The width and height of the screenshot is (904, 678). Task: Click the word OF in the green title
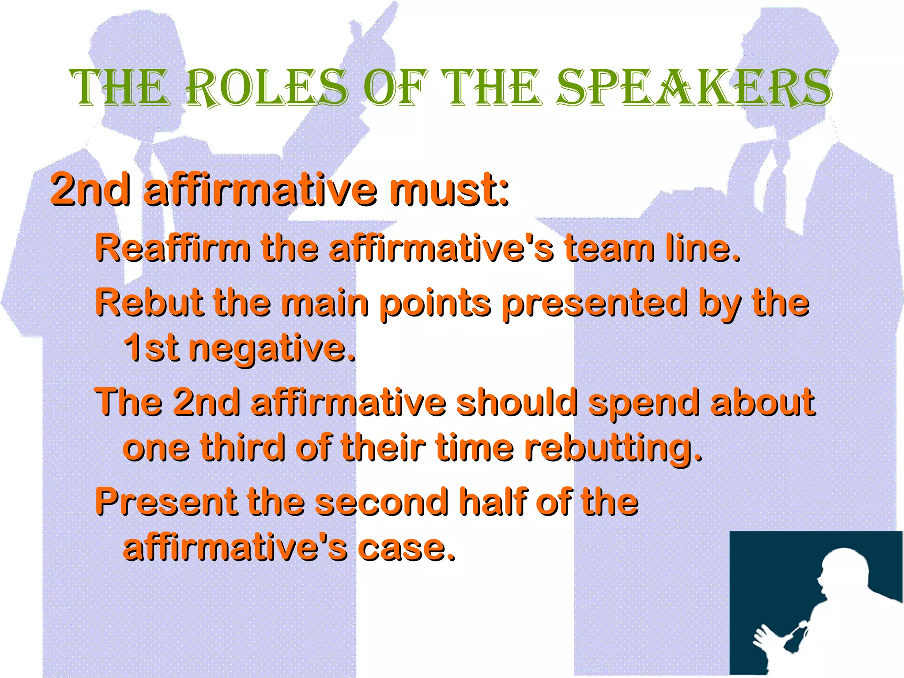click(395, 88)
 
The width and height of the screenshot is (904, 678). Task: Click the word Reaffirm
click(173, 248)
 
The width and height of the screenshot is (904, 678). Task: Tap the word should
click(516, 402)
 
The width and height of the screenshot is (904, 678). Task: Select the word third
click(243, 448)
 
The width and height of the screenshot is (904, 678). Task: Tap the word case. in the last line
click(406, 548)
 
